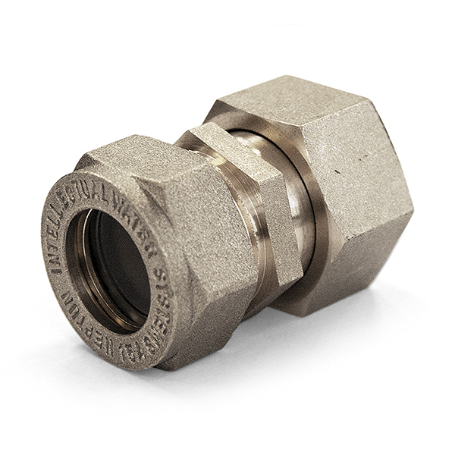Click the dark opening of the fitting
tap(121, 262)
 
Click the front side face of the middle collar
tap(265, 220)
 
